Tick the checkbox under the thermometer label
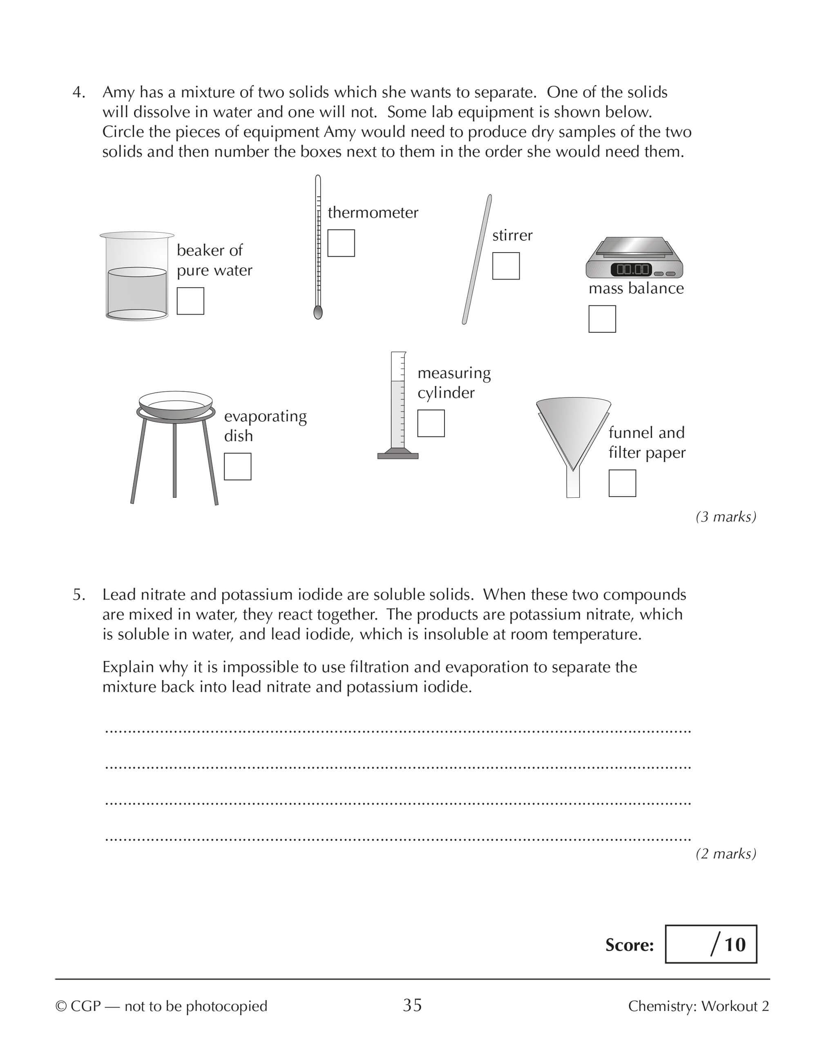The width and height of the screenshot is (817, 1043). point(341,243)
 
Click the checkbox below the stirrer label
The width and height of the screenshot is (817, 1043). point(506,266)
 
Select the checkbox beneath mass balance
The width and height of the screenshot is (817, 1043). point(602,319)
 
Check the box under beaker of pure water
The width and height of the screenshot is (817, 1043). point(190,301)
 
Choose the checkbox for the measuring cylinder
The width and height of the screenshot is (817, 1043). point(431,423)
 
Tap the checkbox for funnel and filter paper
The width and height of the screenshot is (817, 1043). point(622,483)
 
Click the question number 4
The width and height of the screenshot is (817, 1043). point(78,92)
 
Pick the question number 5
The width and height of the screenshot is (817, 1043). point(78,595)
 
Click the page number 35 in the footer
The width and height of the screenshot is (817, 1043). point(412,1005)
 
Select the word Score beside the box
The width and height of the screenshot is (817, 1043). point(629,945)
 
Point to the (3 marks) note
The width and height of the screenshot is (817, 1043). point(725,517)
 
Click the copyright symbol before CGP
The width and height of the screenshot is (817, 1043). point(61,1006)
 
